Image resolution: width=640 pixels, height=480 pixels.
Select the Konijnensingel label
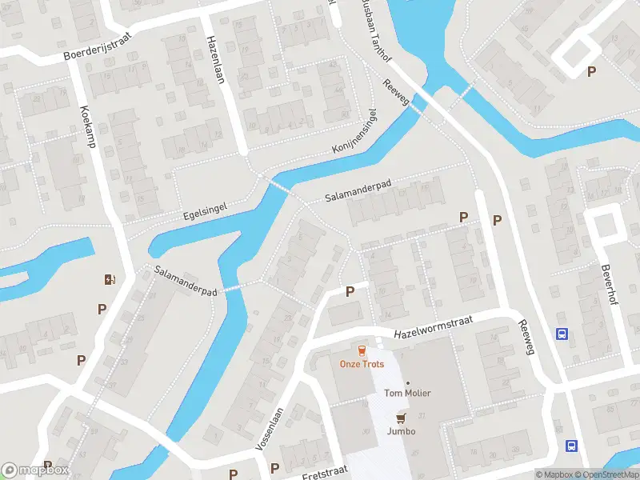[x=354, y=133]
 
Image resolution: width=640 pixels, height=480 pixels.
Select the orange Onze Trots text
[x=362, y=364]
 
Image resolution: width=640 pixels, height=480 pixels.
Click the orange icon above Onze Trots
[x=362, y=350]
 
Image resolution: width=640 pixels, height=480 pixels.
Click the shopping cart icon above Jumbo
[x=401, y=417]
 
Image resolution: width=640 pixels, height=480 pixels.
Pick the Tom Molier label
[x=406, y=393]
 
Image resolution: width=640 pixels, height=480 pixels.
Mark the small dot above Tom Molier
[x=406, y=382]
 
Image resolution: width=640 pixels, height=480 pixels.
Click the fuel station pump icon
[x=110, y=279]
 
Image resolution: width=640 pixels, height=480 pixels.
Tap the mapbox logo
[x=35, y=470]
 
